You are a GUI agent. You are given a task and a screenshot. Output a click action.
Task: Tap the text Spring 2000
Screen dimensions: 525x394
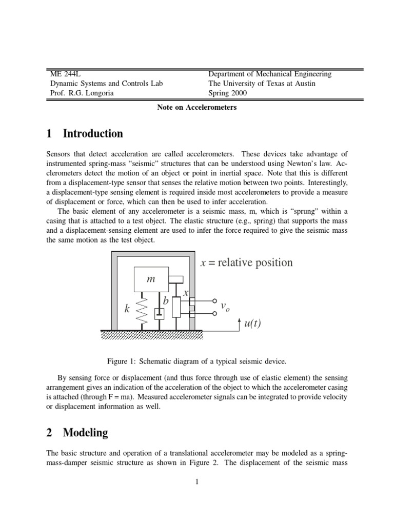227,93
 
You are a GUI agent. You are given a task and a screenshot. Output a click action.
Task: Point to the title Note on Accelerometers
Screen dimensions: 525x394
196,107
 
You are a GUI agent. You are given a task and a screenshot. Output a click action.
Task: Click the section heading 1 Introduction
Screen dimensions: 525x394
85,134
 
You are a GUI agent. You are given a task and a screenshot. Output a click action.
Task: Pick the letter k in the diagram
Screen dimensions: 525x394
127,310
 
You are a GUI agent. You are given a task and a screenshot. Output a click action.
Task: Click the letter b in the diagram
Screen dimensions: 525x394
166,302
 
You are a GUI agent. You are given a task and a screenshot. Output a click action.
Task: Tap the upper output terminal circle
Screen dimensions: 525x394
214,301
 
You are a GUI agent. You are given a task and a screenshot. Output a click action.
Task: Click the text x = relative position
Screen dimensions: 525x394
246,262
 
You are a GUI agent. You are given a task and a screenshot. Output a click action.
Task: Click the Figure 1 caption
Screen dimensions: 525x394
196,361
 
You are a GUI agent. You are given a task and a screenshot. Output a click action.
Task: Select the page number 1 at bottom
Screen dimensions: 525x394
196,481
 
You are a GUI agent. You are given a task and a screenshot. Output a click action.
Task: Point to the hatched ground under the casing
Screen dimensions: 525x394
149,334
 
